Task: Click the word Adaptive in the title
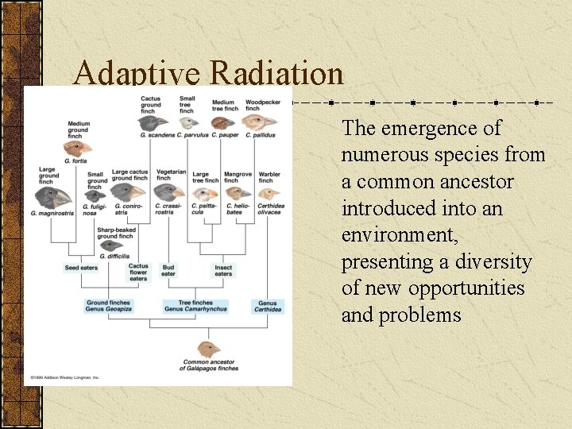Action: pyautogui.click(x=137, y=75)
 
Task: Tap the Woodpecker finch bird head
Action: pyautogui.click(x=259, y=122)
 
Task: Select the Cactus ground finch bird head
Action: pyautogui.click(x=156, y=122)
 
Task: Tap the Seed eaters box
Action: pyautogui.click(x=81, y=268)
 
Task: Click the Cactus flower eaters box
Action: pyautogui.click(x=138, y=272)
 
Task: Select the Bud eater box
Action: pyautogui.click(x=168, y=271)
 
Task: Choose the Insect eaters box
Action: pyautogui.click(x=223, y=271)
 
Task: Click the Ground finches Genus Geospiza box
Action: pyautogui.click(x=109, y=306)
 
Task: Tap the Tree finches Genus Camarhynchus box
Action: pyautogui.click(x=195, y=306)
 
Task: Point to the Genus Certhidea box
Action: pyautogui.click(x=268, y=306)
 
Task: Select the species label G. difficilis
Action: pyautogui.click(x=114, y=256)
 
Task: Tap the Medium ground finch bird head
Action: pyautogui.click(x=80, y=148)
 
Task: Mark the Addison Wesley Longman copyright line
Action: pyautogui.click(x=65, y=377)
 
